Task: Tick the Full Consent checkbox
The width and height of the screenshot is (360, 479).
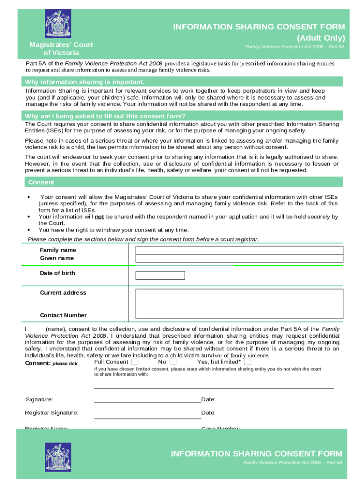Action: tap(135, 362)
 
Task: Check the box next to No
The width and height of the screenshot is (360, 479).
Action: tap(173, 362)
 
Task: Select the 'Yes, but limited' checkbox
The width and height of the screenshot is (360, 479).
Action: tap(248, 362)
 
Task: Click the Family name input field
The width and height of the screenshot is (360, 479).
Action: tap(239, 250)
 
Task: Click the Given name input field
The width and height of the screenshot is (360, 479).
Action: tap(239, 258)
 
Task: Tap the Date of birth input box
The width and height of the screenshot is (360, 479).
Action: tap(160, 275)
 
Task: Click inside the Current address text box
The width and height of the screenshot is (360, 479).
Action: tap(239, 303)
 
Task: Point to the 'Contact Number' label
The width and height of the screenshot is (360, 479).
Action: tap(63, 315)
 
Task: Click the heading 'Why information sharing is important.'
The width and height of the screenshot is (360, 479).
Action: tap(85, 82)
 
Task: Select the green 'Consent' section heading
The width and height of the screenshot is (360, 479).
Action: tap(41, 182)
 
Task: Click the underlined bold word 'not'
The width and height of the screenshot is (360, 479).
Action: tap(99, 217)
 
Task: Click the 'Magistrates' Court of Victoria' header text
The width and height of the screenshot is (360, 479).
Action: tap(61, 49)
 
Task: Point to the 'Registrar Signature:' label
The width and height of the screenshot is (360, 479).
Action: tap(51, 413)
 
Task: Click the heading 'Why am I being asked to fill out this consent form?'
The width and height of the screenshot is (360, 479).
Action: tap(105, 116)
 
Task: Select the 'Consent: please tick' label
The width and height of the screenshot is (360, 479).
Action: tap(51, 363)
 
